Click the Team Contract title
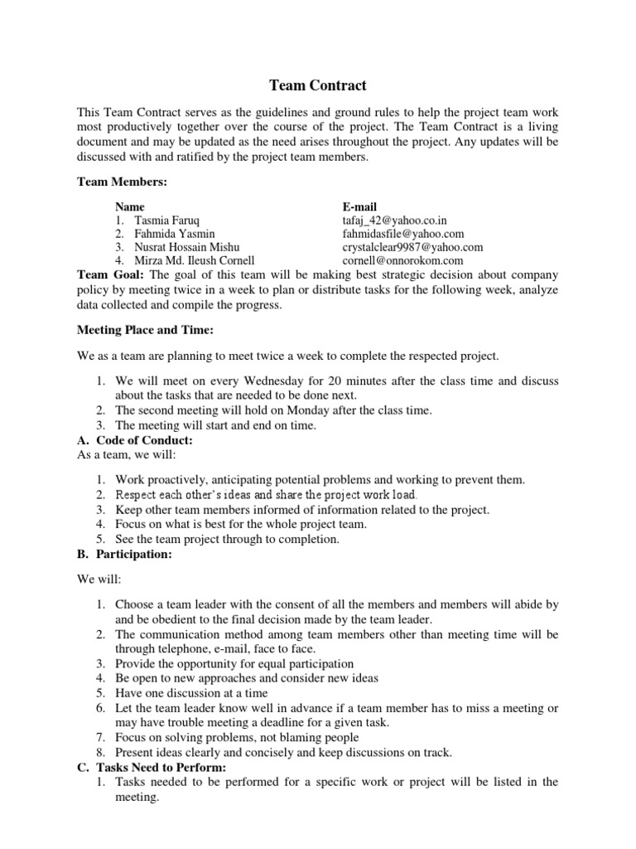318,85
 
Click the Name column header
130,206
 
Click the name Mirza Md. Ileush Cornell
184,260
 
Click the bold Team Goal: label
111,274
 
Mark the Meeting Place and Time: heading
145,330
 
